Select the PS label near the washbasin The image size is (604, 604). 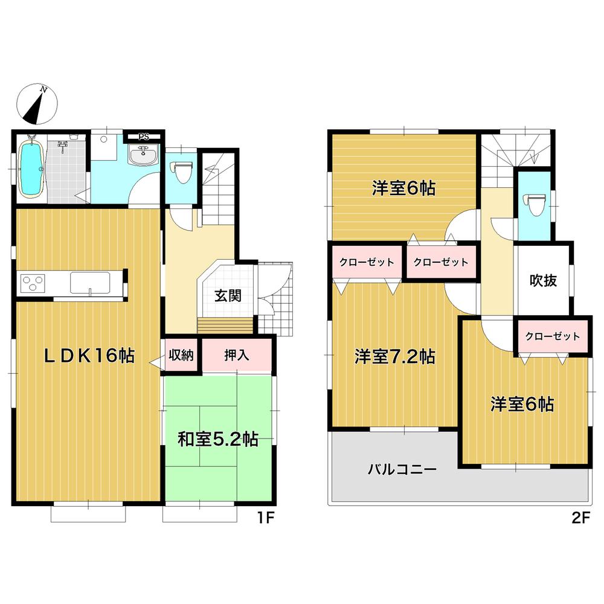point(143,137)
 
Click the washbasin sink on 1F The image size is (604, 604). point(144,155)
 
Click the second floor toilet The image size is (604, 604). point(533,202)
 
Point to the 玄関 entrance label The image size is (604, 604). point(228,296)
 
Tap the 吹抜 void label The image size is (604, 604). point(543,280)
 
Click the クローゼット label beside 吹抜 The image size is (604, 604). point(552,336)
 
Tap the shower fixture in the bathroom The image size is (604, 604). point(62,145)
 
